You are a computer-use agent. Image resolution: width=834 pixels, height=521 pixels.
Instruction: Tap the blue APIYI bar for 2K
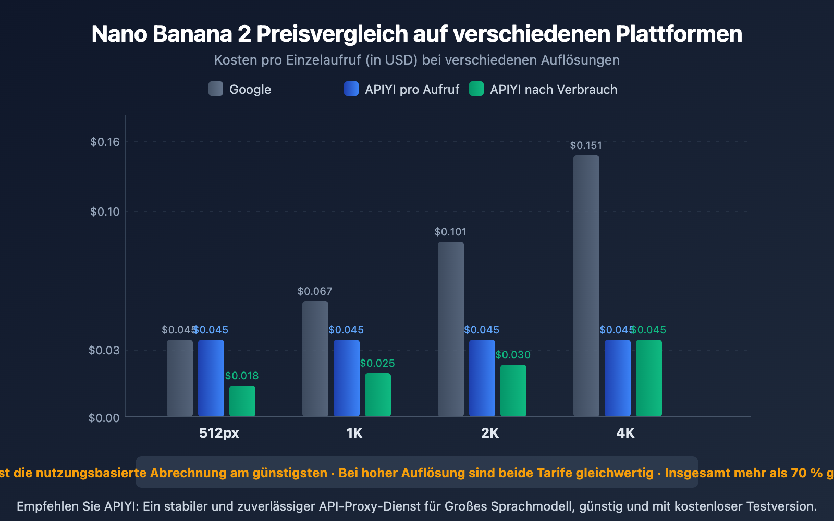point(482,378)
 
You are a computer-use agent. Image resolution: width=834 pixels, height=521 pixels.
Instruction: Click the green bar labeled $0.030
point(513,390)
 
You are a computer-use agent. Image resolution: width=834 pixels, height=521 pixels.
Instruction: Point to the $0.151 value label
point(586,145)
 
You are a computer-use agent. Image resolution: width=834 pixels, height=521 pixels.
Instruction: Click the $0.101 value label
point(450,232)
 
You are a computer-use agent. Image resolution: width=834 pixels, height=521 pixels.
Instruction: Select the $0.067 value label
point(315,291)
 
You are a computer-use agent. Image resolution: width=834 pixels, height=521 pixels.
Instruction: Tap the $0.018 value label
point(242,376)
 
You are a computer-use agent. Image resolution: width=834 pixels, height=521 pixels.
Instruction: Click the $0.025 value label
point(377,363)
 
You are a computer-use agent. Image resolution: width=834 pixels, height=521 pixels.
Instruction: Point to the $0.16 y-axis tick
point(105,142)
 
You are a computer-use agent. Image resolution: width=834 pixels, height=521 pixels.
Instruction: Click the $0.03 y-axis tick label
point(104,350)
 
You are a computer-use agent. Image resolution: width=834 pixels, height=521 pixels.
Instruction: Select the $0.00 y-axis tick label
point(104,418)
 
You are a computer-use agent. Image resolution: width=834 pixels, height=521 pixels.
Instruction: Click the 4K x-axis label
point(625,433)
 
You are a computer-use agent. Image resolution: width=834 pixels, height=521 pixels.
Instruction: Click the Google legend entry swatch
point(216,89)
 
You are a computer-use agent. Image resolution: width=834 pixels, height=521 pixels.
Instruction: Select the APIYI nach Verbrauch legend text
point(554,90)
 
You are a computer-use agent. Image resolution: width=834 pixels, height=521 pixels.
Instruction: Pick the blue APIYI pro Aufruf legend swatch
point(351,89)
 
